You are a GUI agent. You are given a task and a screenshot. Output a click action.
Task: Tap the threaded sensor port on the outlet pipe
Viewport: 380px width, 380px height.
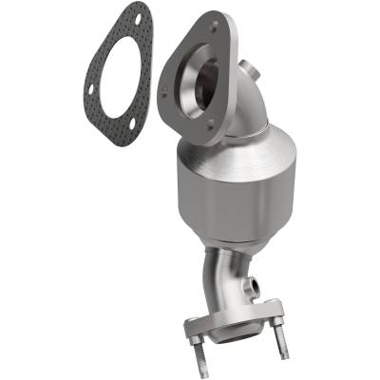pyautogui.click(x=256, y=286)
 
